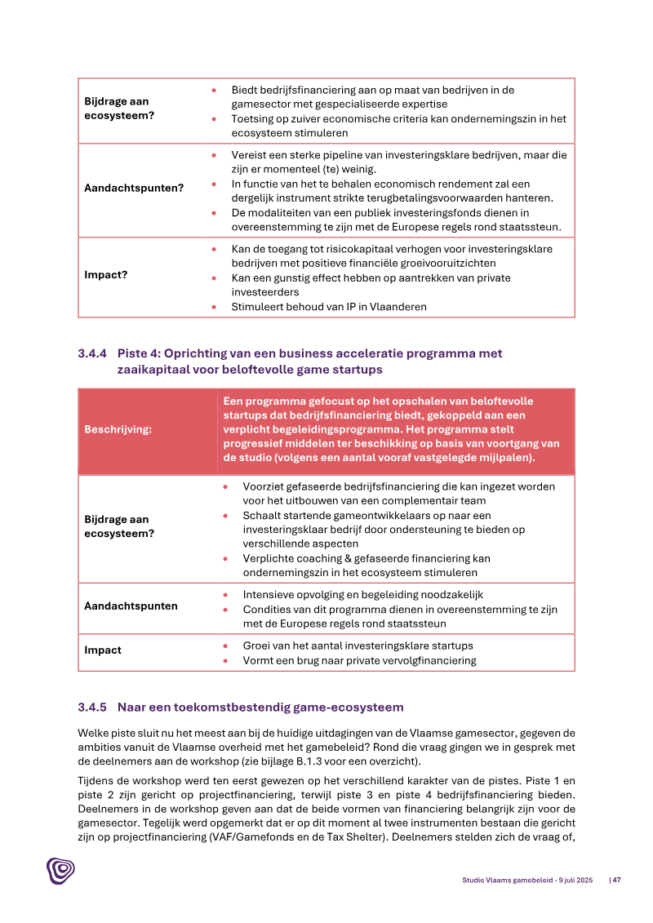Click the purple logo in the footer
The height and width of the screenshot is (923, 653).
(x=60, y=871)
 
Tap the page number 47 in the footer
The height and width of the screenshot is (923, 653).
(x=617, y=880)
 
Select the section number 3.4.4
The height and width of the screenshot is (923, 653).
(x=94, y=353)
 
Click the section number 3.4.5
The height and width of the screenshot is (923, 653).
(x=94, y=706)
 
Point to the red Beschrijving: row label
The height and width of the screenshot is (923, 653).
(x=118, y=429)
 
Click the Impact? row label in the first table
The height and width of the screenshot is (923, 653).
(x=106, y=274)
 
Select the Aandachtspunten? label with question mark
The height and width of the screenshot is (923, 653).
(x=134, y=188)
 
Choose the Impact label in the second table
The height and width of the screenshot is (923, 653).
(x=103, y=650)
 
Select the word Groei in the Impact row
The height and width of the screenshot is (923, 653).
(x=258, y=646)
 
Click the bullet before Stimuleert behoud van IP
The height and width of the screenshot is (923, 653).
(x=214, y=307)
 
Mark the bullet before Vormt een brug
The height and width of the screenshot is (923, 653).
(x=225, y=660)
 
